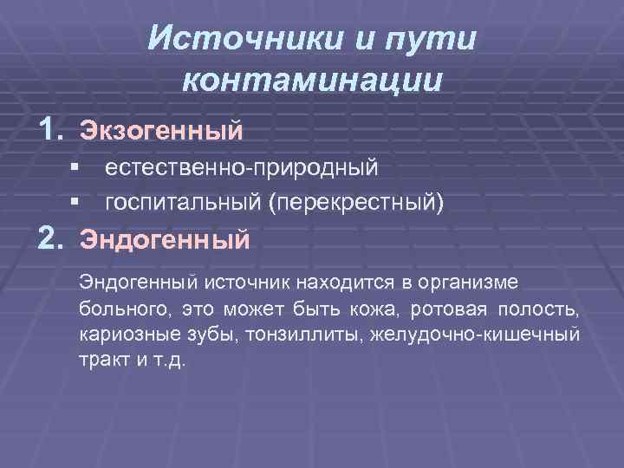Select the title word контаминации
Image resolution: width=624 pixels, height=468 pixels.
tap(313, 80)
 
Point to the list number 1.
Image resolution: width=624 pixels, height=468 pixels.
tap(52, 130)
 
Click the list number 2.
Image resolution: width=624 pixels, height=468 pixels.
tap(52, 236)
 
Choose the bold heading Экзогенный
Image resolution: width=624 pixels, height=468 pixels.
tap(161, 132)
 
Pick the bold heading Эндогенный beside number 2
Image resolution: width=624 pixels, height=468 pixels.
tap(165, 237)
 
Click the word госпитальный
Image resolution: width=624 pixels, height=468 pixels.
tap(183, 203)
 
